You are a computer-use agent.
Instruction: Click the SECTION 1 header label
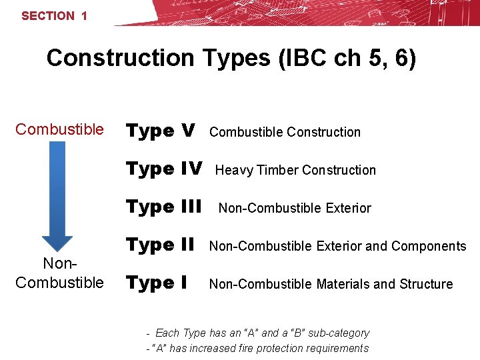[54, 16]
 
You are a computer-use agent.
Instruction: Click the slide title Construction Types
[231, 59]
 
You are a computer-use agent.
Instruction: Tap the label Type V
[161, 131]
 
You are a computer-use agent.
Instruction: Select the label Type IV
[164, 169]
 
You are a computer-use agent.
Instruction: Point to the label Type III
[164, 207]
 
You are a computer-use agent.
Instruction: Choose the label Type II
[159, 245]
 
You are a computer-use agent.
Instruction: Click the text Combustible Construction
[285, 132]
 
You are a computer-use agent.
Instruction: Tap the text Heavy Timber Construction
[295, 170]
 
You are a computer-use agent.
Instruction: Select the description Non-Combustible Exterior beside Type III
[295, 208]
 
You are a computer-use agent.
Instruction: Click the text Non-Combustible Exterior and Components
[337, 246]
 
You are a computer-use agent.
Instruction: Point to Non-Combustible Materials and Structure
[331, 284]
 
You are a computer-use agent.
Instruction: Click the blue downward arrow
[58, 200]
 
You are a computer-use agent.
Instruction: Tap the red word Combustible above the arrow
[59, 129]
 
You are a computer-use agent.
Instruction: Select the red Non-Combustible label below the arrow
[59, 274]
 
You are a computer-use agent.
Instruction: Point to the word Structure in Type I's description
[426, 284]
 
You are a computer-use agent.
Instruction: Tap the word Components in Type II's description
[429, 246]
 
